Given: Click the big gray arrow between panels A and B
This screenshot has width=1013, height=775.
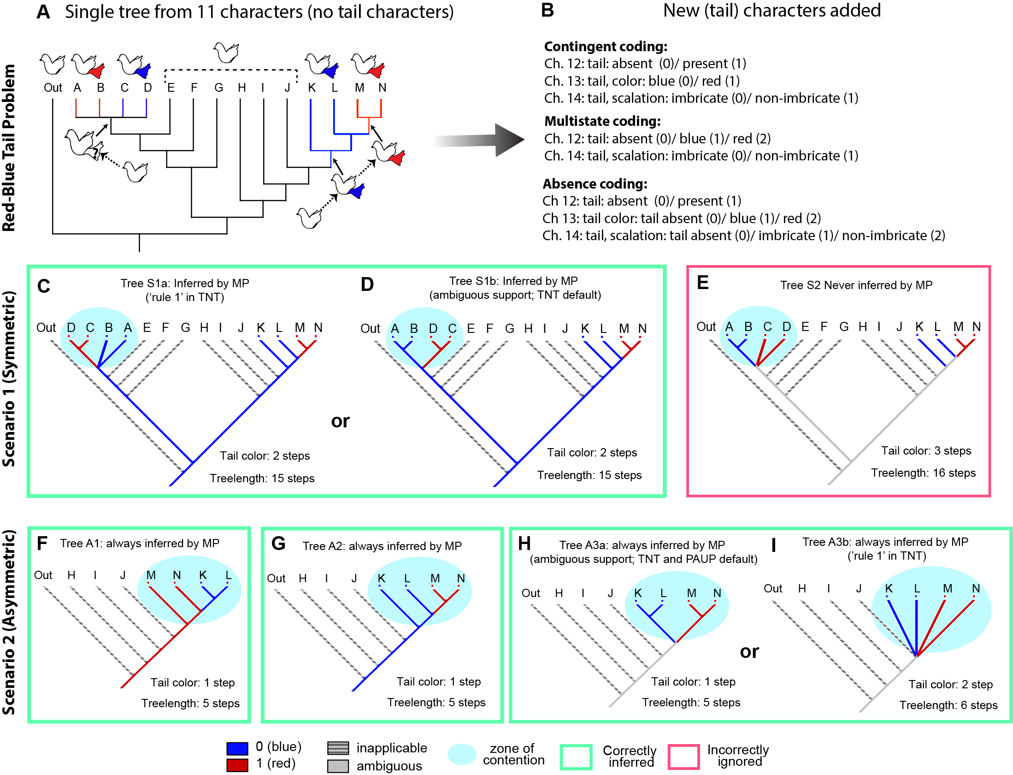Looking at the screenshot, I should click(x=479, y=140).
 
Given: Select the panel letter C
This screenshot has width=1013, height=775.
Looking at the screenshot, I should click(x=44, y=286).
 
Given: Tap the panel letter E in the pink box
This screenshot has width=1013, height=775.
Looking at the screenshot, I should click(x=702, y=283).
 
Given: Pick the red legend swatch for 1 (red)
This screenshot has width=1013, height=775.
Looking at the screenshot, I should click(x=237, y=765).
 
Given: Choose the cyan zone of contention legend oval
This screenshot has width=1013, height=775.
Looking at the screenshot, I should click(x=461, y=755).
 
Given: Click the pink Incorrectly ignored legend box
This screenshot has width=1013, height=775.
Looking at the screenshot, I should click(x=683, y=757).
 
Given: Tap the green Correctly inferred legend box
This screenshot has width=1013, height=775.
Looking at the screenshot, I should click(x=576, y=757).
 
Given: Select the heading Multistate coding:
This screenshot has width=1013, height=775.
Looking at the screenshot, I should click(x=602, y=121).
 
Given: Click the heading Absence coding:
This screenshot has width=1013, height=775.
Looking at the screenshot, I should click(x=595, y=184).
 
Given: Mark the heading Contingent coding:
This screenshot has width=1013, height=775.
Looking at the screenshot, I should click(x=606, y=47).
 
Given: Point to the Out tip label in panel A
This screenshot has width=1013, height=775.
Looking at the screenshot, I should click(x=53, y=88).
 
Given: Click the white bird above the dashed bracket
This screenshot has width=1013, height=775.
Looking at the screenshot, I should click(x=226, y=52).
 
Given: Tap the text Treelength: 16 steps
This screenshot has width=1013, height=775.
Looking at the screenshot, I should click(x=923, y=473).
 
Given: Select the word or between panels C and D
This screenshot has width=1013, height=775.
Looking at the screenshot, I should click(x=340, y=421).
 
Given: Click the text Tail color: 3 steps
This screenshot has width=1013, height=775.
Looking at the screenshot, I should click(x=926, y=451).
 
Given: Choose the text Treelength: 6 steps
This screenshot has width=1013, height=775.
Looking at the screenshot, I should click(x=948, y=705).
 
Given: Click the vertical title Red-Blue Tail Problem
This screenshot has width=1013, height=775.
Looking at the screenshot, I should click(x=9, y=148).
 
